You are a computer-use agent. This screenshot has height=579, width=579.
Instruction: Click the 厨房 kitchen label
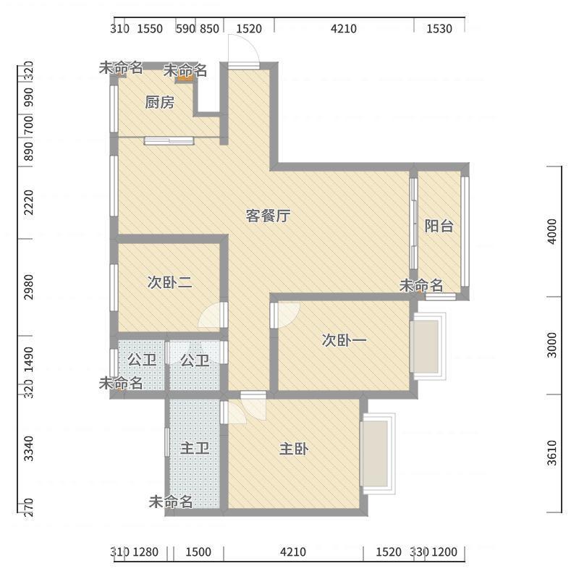click(159, 103)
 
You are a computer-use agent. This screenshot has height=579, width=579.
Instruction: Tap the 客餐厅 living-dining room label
click(268, 216)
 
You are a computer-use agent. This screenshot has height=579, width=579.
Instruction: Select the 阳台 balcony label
click(439, 226)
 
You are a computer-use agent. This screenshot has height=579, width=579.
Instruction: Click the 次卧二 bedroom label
click(169, 282)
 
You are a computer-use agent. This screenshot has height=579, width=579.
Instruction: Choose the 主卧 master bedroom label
click(294, 449)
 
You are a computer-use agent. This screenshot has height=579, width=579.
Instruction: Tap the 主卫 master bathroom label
click(195, 449)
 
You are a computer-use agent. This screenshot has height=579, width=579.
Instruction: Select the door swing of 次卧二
click(211, 316)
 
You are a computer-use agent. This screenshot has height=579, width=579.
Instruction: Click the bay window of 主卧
click(378, 454)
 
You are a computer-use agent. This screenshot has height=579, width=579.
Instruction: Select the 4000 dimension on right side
click(552, 232)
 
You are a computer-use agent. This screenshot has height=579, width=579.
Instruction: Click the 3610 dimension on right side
click(552, 453)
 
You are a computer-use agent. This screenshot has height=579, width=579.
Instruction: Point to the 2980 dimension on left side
click(28, 287)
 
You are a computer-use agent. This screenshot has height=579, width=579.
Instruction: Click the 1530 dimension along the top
click(439, 29)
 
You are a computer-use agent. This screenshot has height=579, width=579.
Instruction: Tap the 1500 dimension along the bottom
click(198, 552)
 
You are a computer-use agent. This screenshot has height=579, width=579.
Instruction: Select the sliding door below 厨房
click(169, 140)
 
